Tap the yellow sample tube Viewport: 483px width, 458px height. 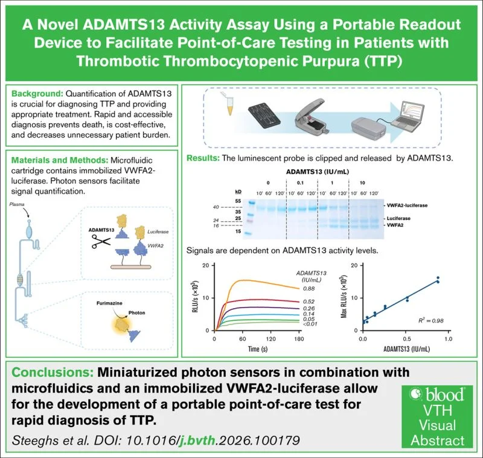229,105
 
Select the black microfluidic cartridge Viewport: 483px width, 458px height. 264,116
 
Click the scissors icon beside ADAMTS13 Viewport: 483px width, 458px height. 101,242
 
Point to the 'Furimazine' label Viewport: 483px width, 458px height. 109,303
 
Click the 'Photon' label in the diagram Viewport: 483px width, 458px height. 137,312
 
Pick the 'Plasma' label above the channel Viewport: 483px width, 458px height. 17,204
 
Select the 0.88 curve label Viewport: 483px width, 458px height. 309,288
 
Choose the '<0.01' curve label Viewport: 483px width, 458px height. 310,324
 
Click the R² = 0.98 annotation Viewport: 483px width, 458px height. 430,320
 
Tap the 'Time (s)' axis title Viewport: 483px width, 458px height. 258,349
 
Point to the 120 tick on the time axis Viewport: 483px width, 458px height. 270,339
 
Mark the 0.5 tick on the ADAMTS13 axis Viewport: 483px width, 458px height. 406,339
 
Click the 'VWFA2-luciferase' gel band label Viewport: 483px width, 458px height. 407,205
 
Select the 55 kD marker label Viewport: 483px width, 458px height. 238,201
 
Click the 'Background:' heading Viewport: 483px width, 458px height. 37,94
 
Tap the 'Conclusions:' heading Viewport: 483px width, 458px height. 53,372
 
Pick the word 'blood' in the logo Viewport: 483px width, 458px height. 444,395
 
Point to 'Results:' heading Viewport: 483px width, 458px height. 203,158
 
